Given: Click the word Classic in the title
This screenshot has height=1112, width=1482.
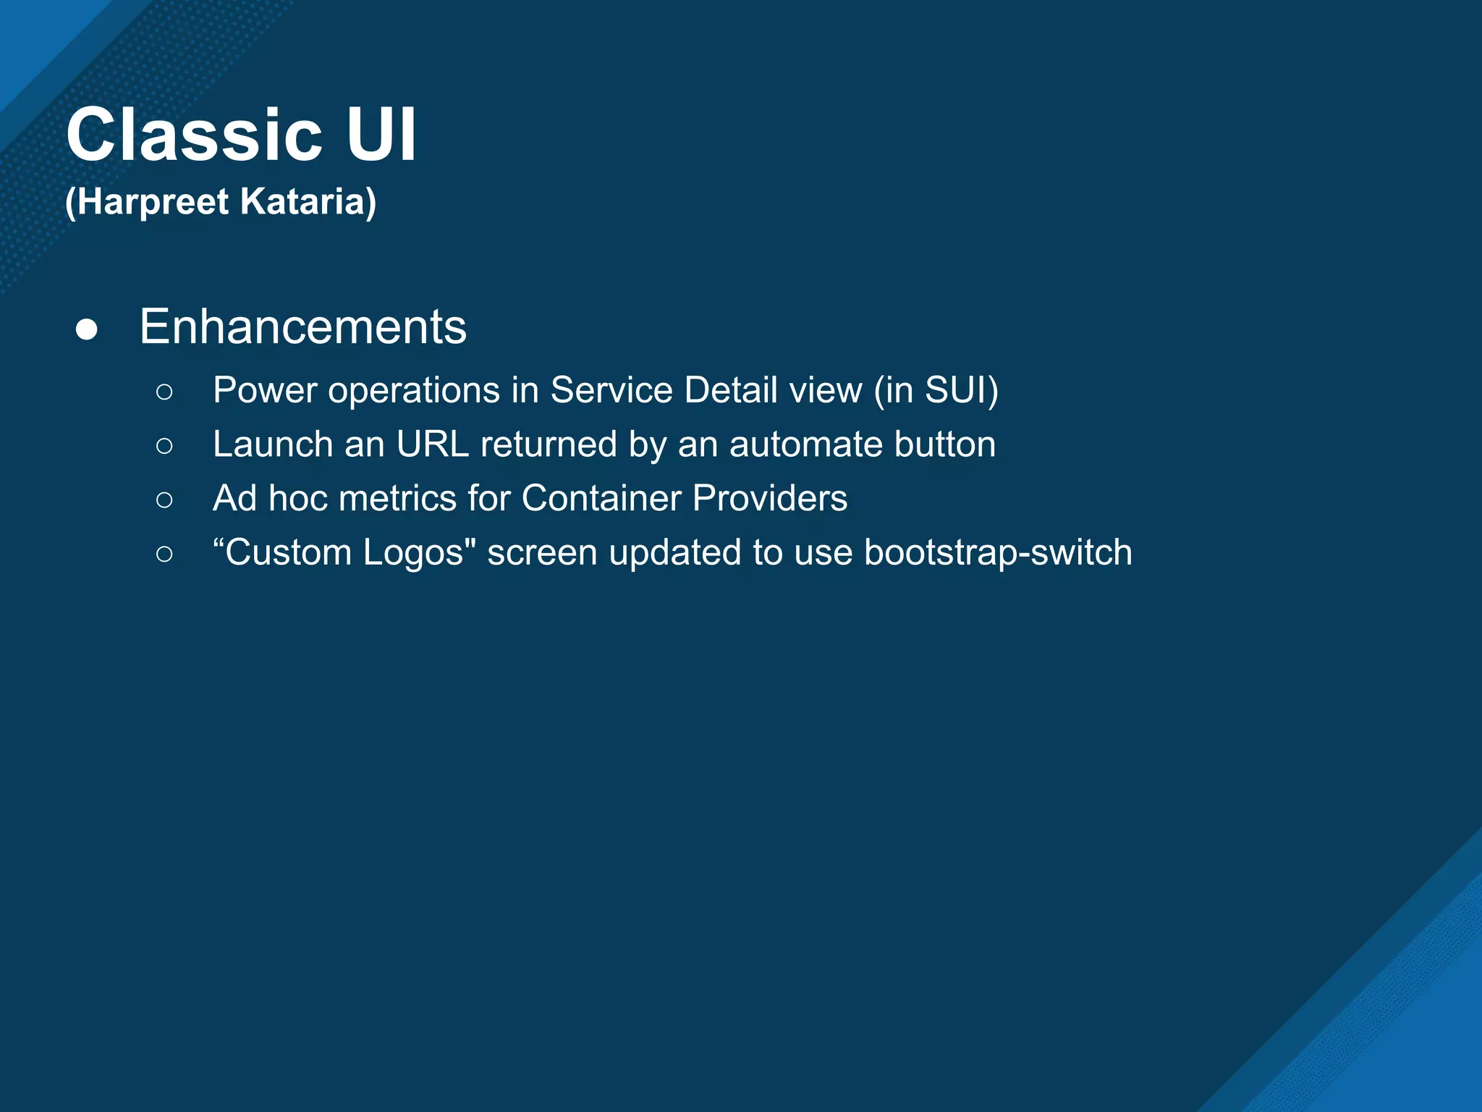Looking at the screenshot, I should coord(194,135).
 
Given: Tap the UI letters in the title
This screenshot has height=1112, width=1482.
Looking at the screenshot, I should coord(381,135).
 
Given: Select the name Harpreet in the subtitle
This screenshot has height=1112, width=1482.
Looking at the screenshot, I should coord(153,201).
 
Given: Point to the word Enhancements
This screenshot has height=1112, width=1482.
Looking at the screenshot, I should coord(302,327).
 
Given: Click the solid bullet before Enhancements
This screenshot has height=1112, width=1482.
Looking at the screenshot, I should coord(87,329).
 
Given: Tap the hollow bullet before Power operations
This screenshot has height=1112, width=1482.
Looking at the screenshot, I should coord(164,392).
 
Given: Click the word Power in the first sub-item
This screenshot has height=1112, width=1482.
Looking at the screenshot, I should coord(265,390).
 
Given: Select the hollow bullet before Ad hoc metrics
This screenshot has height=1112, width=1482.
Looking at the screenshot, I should coord(164,500).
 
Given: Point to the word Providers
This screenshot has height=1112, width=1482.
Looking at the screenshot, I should coord(769,499).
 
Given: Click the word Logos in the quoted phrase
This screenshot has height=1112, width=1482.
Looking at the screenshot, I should coord(413,553).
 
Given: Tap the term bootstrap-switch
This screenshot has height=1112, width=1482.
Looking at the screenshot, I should coord(998,553).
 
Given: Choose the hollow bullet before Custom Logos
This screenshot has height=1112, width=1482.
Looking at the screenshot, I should coord(164,554).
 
